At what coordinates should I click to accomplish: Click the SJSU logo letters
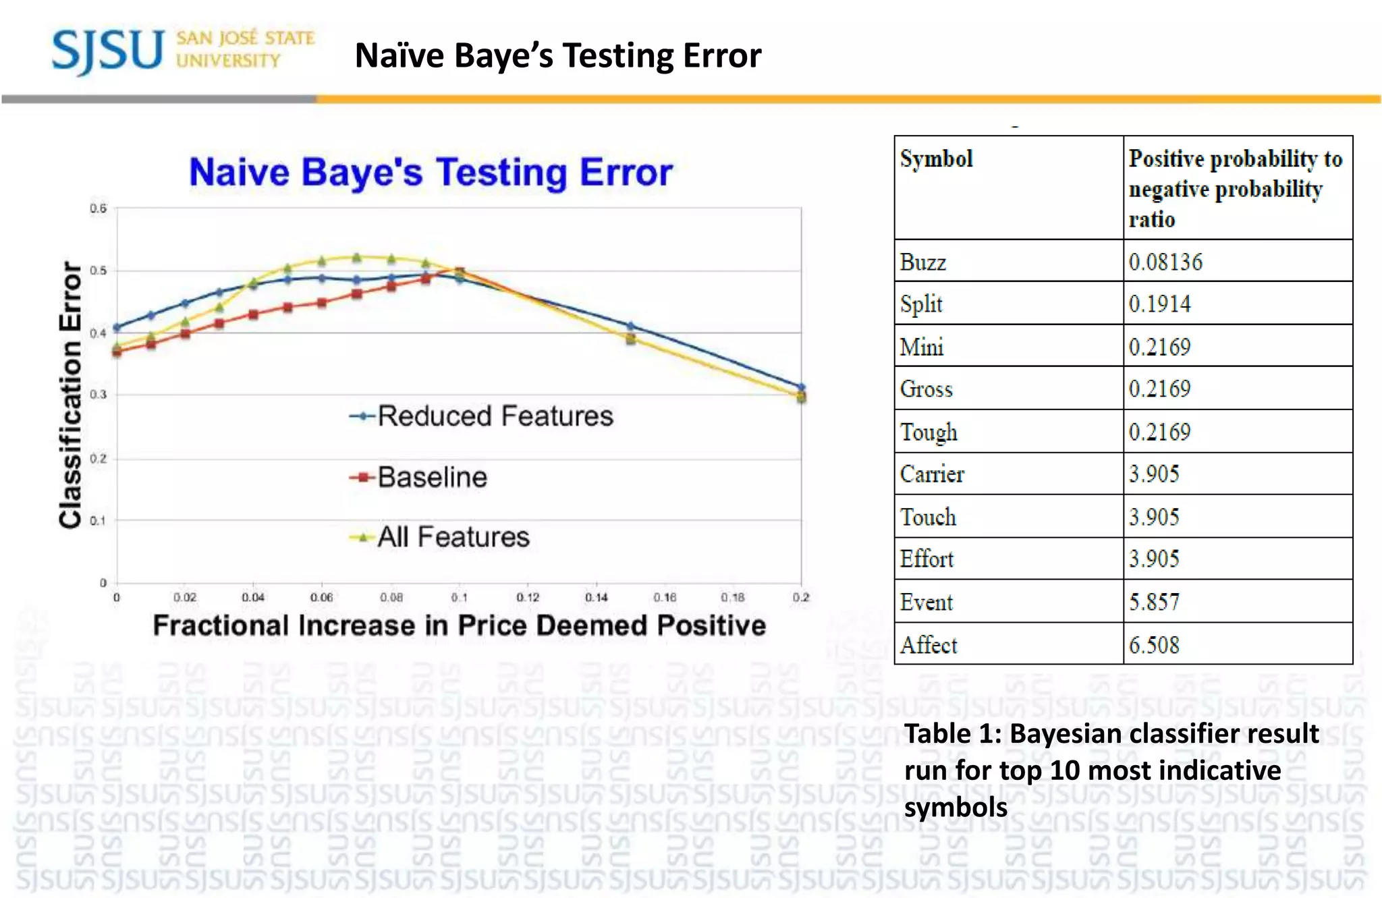[108, 51]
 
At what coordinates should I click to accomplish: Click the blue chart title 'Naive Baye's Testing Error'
[431, 172]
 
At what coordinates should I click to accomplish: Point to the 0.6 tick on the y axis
[99, 208]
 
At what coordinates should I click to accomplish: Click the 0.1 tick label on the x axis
[460, 598]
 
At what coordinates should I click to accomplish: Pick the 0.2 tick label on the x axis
[801, 598]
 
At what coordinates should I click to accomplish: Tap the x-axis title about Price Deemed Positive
[459, 625]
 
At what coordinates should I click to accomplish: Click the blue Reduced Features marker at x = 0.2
[802, 387]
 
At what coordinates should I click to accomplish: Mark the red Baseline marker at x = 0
[117, 352]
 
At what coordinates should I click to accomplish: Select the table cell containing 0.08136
[1165, 262]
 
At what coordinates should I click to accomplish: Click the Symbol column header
[937, 159]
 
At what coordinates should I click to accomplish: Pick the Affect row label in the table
[929, 645]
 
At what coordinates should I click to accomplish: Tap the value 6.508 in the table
[1154, 645]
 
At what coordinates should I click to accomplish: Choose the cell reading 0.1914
[1159, 304]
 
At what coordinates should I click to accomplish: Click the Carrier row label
[932, 474]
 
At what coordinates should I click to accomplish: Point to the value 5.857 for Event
[1154, 602]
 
